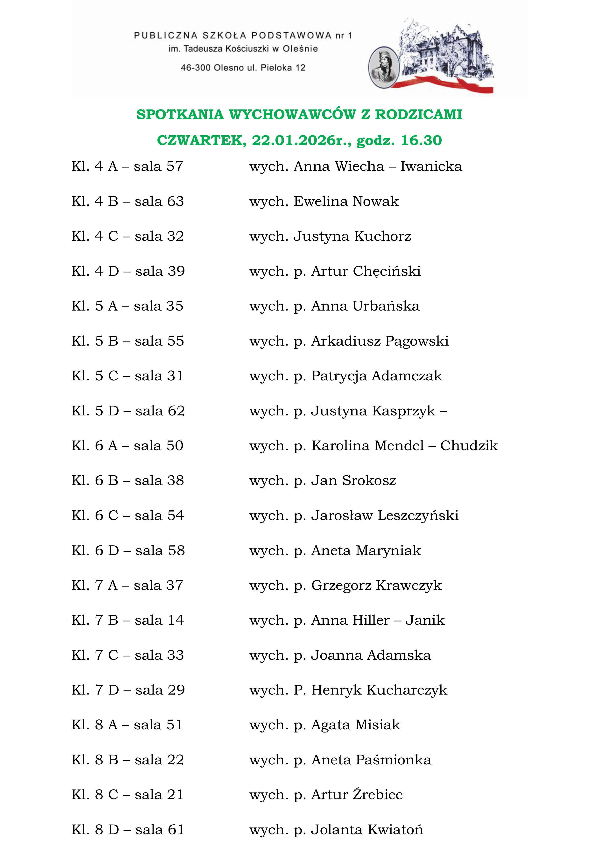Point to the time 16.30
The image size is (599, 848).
point(421,140)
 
